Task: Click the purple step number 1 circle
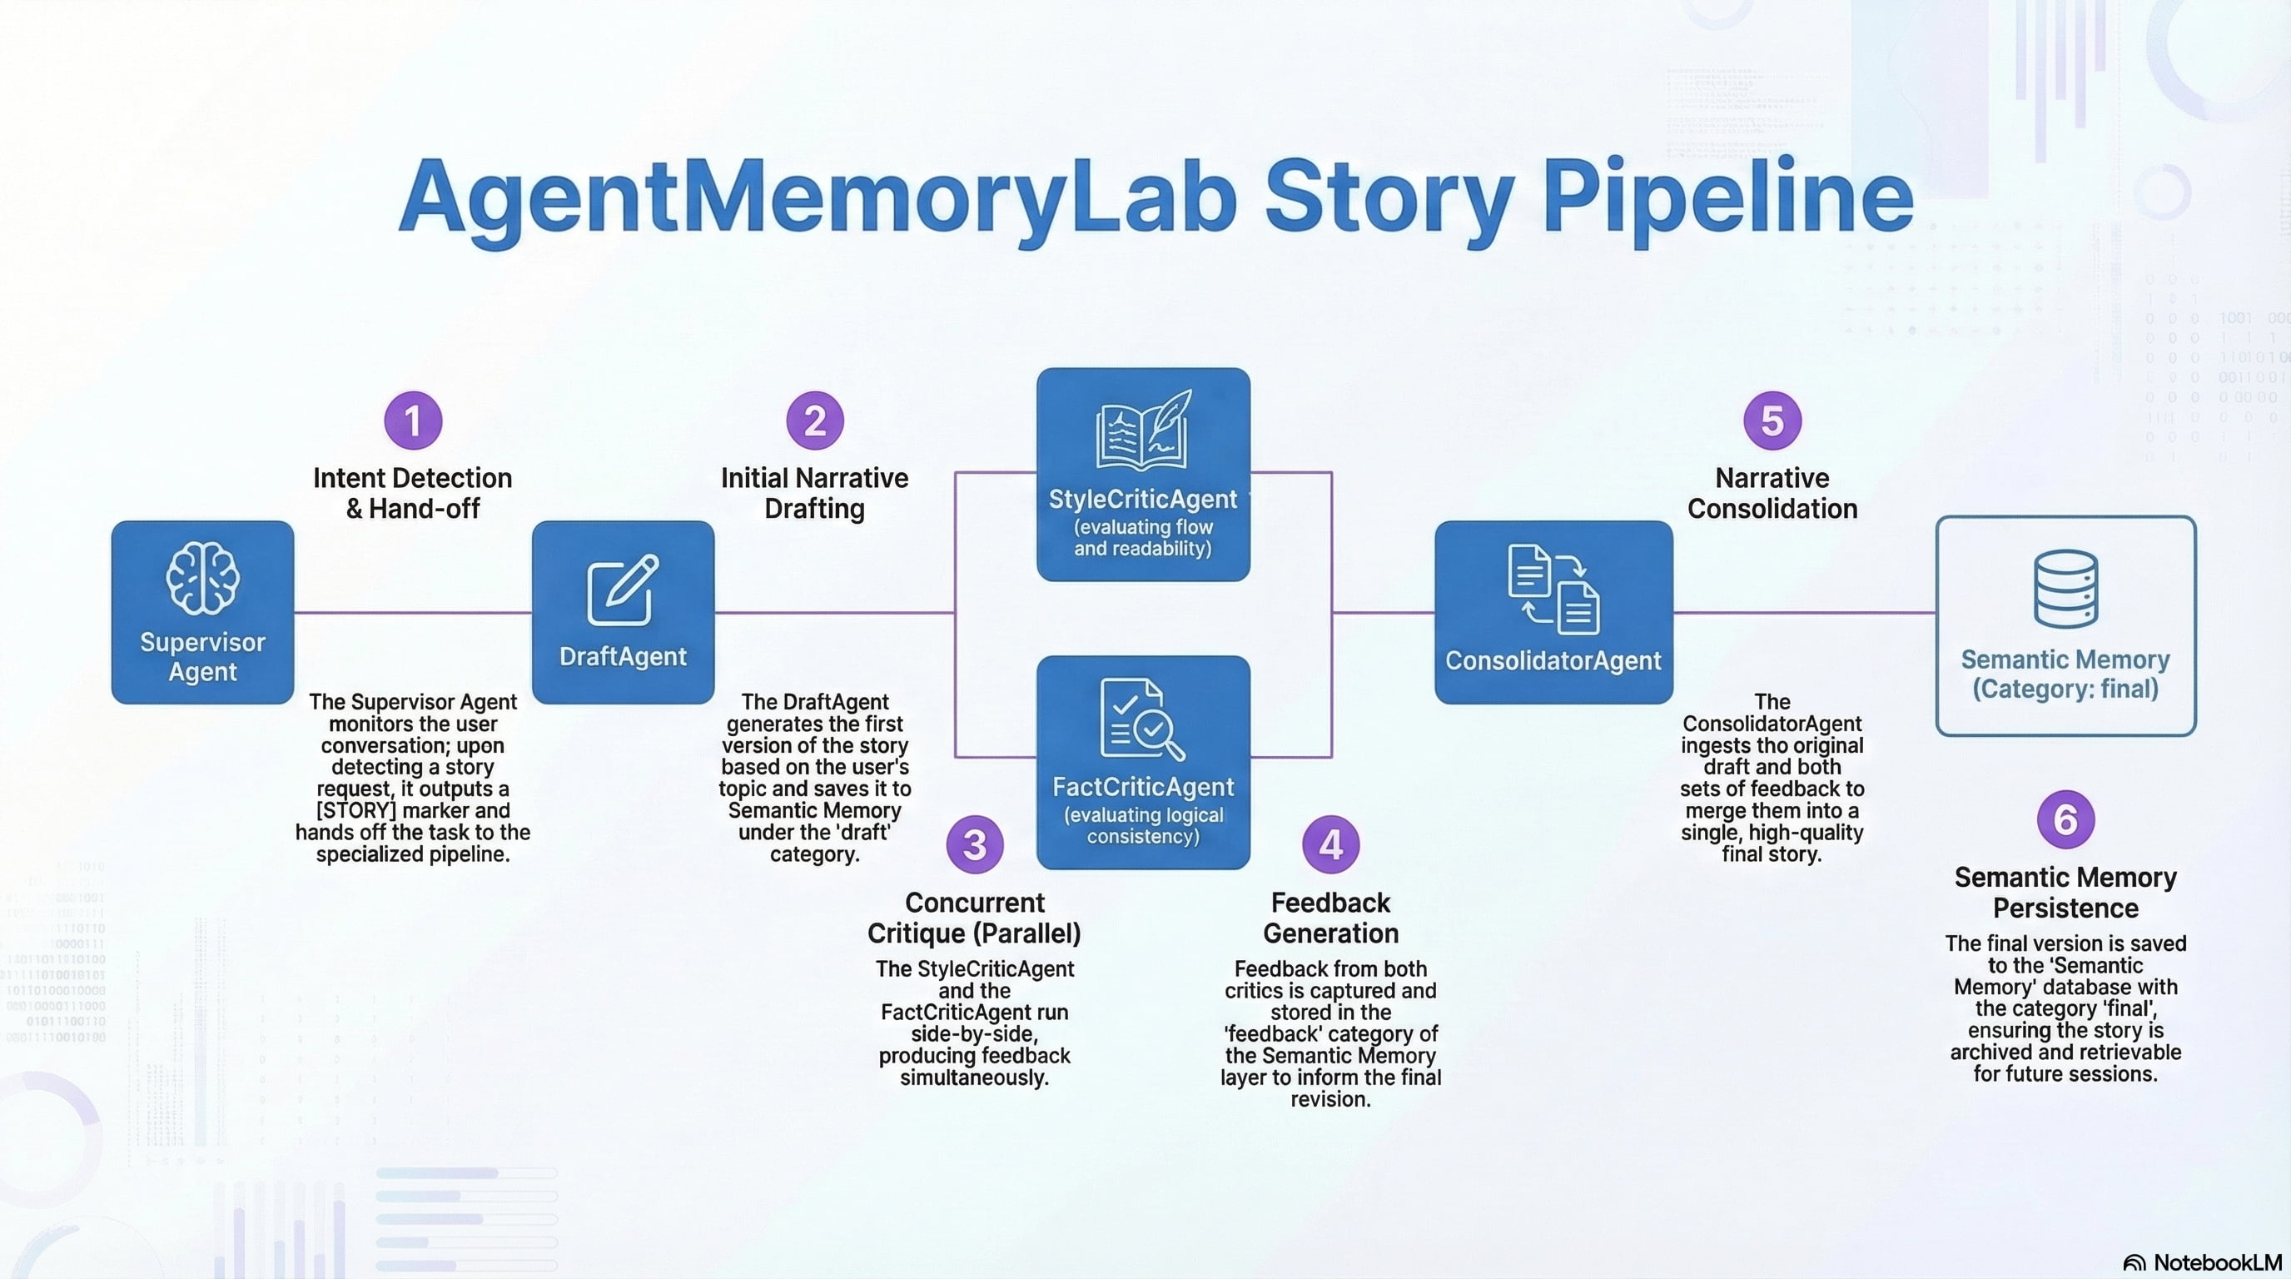point(413,421)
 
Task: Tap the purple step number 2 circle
point(815,421)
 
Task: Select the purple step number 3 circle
point(975,844)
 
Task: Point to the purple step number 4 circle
point(1330,844)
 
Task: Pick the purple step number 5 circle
point(1772,421)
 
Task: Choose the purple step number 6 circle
point(2065,819)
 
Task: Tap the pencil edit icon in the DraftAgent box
point(623,590)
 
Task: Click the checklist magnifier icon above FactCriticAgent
point(1142,719)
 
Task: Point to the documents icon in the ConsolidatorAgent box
point(1553,589)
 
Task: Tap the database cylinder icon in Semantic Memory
point(2065,589)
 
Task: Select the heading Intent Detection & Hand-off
point(413,493)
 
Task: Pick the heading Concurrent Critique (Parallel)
point(975,917)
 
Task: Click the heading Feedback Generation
point(1330,917)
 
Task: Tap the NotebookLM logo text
point(2216,1262)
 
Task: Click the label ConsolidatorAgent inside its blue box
point(1553,660)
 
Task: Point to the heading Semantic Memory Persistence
point(2065,892)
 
